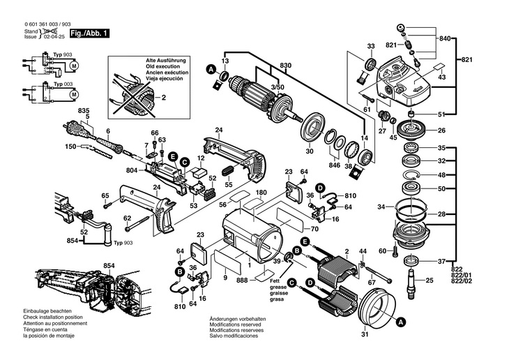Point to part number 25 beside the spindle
click(429, 280)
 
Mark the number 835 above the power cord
click(84, 112)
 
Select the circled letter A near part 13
click(209, 69)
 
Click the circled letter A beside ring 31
click(400, 323)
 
